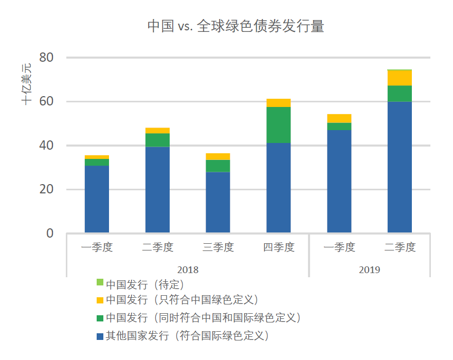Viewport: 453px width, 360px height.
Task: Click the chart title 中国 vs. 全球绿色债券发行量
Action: coord(235,26)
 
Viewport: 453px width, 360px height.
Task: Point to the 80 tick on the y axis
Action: coord(46,57)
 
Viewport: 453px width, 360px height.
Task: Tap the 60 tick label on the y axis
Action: coord(46,101)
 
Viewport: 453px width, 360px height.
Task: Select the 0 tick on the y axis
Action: coord(49,233)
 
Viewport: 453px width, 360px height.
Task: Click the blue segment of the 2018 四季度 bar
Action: coord(278,188)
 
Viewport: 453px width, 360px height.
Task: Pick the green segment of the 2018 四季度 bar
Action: coord(278,124)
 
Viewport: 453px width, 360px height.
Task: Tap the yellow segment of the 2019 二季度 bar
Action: coord(400,78)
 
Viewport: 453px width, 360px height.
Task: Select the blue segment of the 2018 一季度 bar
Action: coord(97,199)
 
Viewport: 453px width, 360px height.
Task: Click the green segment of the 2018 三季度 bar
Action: coord(218,166)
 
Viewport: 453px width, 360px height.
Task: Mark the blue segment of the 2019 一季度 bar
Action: coord(339,181)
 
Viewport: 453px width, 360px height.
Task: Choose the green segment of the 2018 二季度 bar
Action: coord(157,140)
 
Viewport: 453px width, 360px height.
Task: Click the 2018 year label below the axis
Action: coord(188,269)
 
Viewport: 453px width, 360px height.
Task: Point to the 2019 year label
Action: coord(369,269)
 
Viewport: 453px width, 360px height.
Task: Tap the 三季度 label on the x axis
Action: coord(218,247)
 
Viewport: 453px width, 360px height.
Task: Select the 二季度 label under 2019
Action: coord(400,247)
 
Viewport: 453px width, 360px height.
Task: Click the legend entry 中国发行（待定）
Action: coord(144,283)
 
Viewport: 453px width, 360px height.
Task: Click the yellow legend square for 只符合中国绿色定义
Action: coord(100,299)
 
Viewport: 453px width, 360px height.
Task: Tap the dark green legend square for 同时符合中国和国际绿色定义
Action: coord(100,317)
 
